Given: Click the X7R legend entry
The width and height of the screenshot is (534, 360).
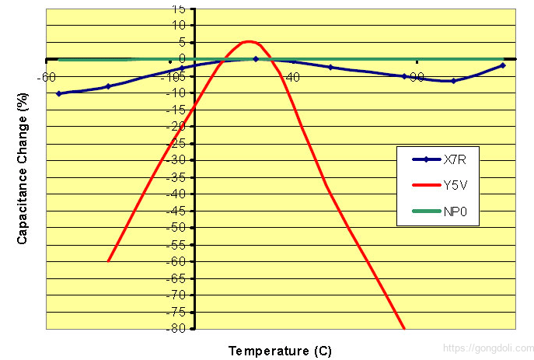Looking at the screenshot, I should [455, 159].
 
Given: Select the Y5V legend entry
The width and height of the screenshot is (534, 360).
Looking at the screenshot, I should [455, 185].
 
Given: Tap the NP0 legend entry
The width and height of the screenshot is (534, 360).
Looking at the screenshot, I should [455, 210].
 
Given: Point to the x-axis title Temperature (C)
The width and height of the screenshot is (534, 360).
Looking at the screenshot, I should [280, 351].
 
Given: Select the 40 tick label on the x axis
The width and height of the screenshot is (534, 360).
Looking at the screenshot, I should [292, 76].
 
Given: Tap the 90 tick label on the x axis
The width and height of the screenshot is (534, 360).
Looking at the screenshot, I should [416, 76].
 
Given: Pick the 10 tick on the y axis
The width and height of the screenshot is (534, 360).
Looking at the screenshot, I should [180, 25].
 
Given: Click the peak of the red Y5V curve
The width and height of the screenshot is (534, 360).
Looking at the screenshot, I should [249, 41].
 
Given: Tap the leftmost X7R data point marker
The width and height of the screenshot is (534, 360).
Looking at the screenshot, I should [59, 93].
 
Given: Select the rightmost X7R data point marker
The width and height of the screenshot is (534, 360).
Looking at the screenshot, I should [503, 65].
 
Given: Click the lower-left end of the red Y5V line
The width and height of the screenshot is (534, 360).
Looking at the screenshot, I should [109, 260].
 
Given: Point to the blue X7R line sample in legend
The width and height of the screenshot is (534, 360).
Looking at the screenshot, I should [426, 159].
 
